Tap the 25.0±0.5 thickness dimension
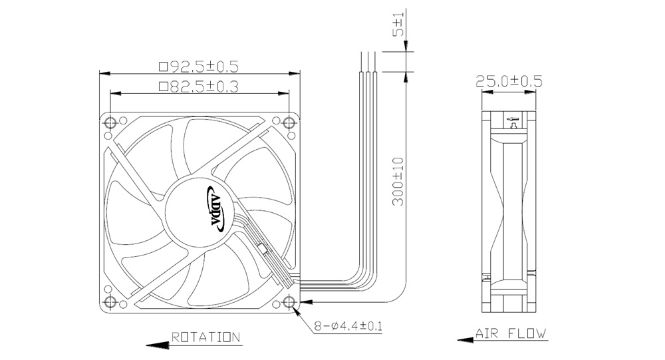tap(509, 81)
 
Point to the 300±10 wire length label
tap(398, 181)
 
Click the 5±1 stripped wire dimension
tap(398, 25)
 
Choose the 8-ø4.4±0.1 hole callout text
tap(348, 326)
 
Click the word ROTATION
tap(205, 337)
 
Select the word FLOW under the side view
tap(527, 333)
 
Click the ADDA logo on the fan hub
tap(218, 209)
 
